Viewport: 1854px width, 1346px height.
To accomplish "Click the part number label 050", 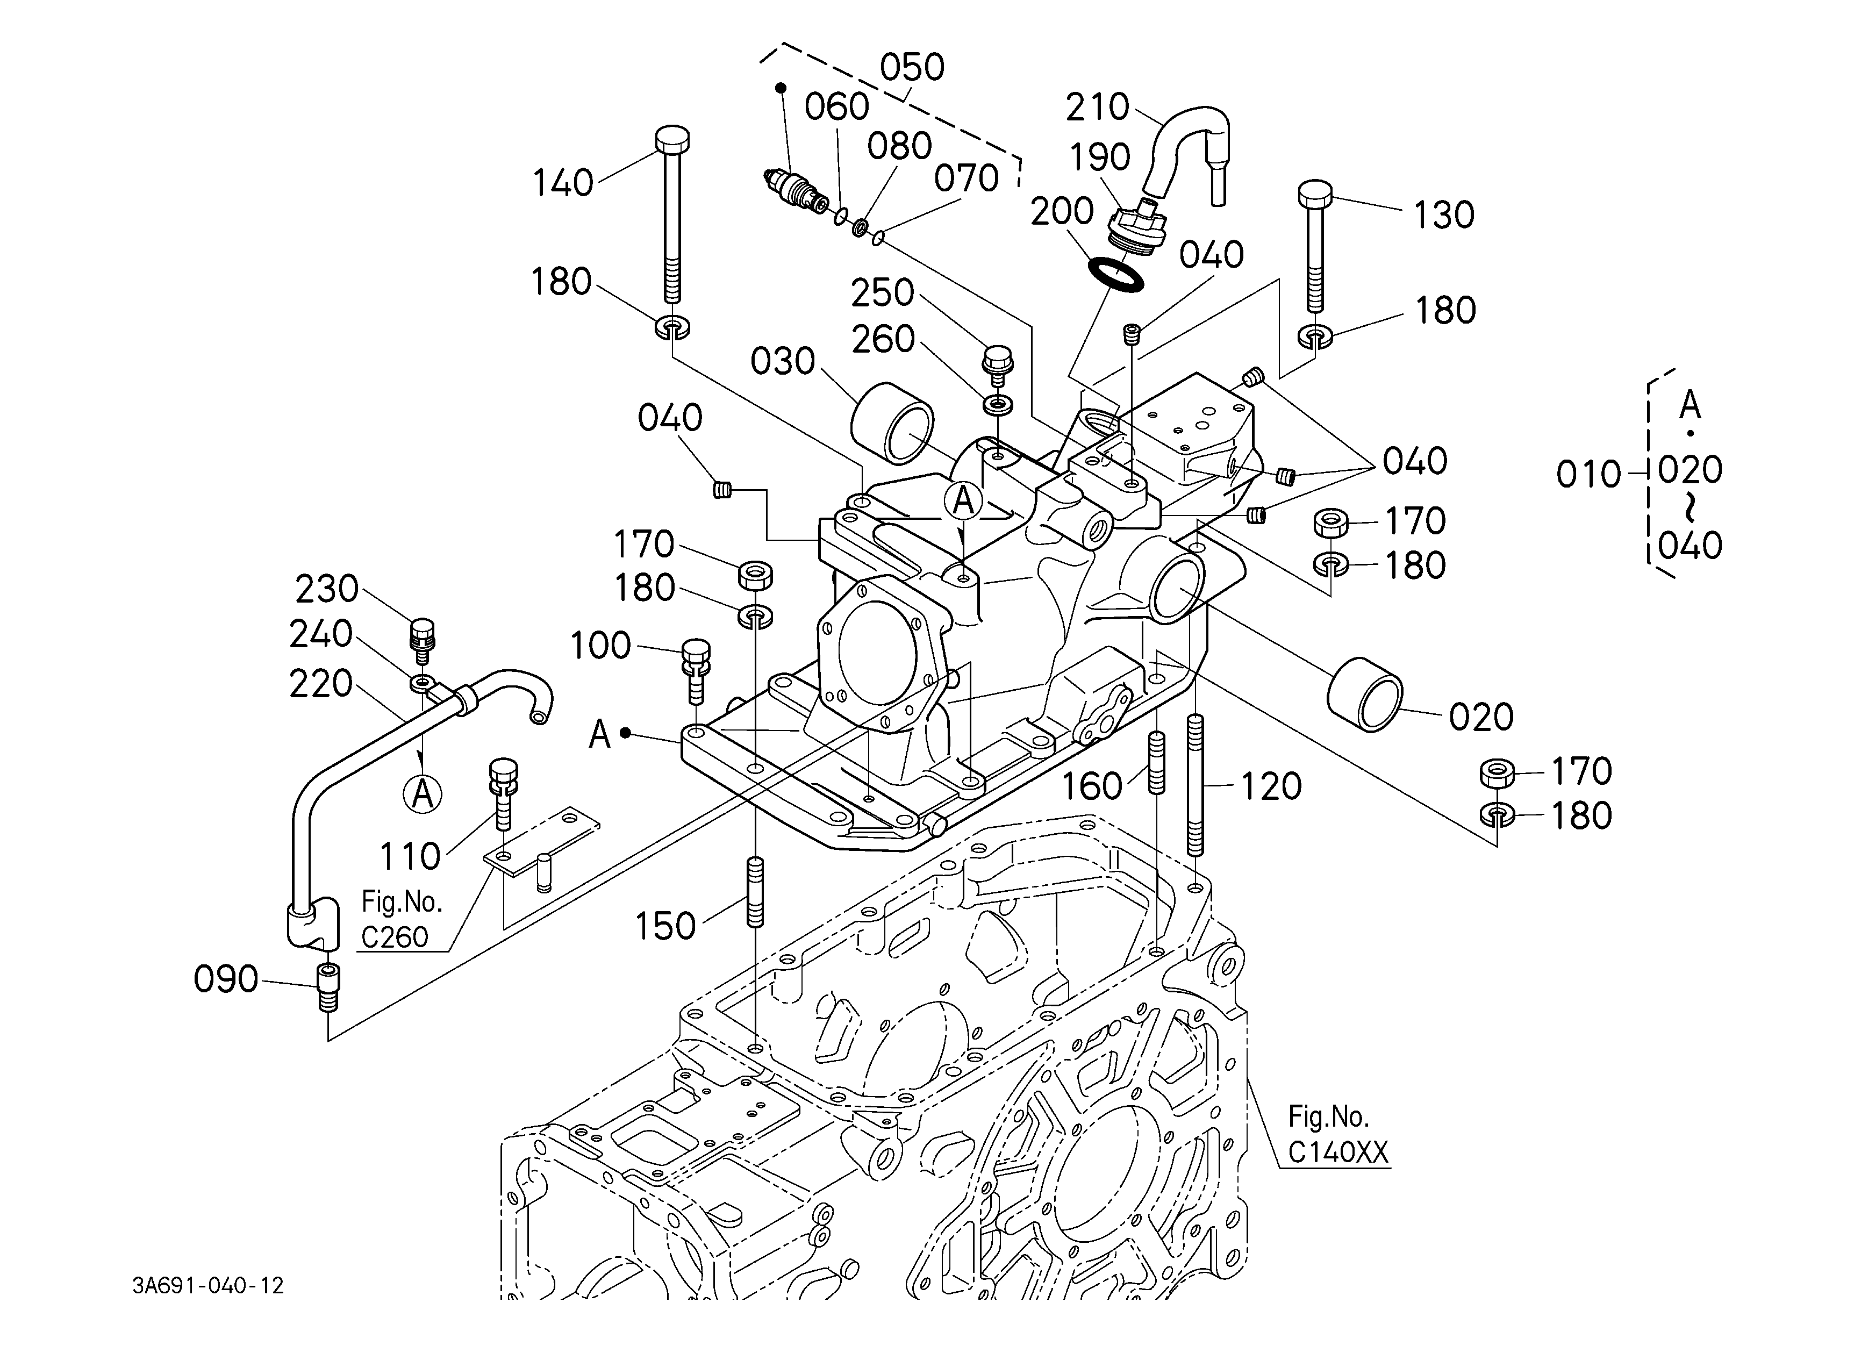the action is (912, 67).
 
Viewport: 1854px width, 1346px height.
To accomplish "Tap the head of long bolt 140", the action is (672, 140).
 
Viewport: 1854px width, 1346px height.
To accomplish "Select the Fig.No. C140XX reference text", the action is (1338, 1134).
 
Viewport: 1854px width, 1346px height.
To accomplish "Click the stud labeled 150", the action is (755, 891).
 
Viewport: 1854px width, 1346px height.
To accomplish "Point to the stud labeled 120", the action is (1195, 785).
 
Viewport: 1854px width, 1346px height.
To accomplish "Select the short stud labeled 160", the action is (1157, 762).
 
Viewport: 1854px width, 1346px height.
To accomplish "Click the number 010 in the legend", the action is (1588, 474).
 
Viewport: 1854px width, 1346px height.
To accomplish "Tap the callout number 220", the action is (320, 683).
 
